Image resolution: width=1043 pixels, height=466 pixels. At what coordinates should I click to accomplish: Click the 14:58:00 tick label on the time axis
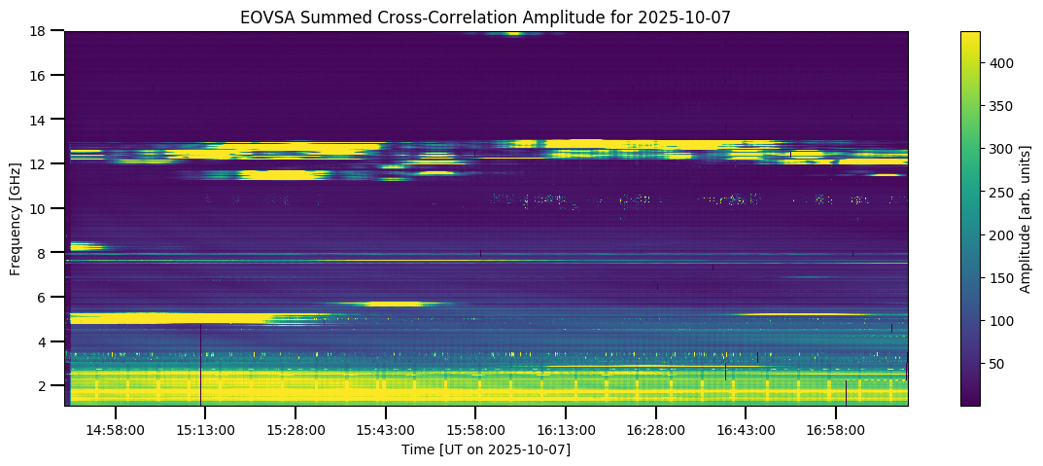click(115, 429)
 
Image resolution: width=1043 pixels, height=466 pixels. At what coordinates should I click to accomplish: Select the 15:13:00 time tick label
click(204, 429)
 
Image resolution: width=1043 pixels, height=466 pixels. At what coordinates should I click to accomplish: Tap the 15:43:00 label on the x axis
click(385, 429)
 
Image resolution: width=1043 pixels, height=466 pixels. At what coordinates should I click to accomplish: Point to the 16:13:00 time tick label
click(566, 429)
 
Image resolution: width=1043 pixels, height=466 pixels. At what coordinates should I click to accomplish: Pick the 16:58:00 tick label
click(836, 429)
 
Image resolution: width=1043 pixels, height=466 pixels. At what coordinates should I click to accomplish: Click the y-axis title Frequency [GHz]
click(16, 218)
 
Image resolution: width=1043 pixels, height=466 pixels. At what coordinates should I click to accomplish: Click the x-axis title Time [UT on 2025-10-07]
click(486, 449)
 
